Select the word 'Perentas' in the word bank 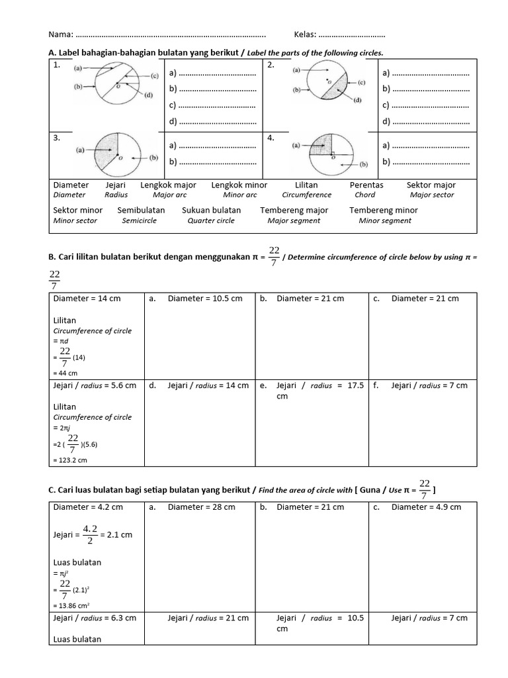click(x=366, y=185)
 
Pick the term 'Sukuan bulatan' click(x=211, y=211)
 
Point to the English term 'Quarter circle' click(x=211, y=221)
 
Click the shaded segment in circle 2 click(x=341, y=89)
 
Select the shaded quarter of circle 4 click(x=321, y=146)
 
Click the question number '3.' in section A click(x=58, y=138)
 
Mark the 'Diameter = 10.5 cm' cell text click(x=206, y=299)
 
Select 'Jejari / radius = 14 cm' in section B click(x=208, y=385)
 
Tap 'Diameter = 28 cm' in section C click(x=201, y=507)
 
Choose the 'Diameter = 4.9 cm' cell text click(x=426, y=507)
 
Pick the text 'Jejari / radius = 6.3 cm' click(x=94, y=618)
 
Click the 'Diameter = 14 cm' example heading click(x=87, y=299)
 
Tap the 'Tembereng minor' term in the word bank click(x=383, y=211)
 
